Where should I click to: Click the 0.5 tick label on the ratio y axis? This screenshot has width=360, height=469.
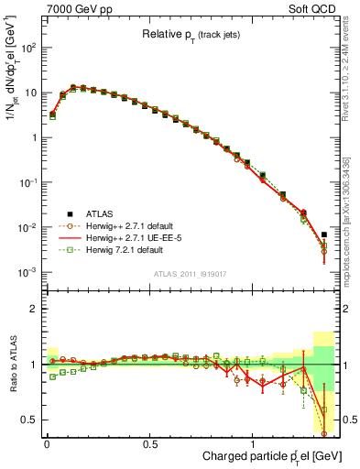(x=27, y=420)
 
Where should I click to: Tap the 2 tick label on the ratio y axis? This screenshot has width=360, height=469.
(x=32, y=309)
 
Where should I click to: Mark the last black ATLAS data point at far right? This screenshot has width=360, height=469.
(x=324, y=234)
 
